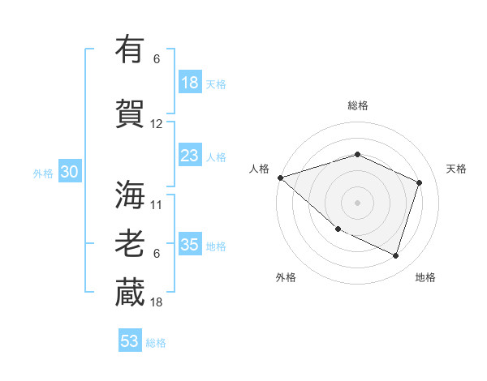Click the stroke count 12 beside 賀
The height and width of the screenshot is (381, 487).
pos(157,124)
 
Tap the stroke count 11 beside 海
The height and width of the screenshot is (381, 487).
pos(157,205)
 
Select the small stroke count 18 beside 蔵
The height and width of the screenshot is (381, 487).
pos(157,302)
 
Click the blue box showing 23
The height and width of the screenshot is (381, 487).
pos(189,156)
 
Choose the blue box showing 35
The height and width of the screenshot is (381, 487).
pos(189,246)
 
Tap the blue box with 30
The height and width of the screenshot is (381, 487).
pos(68,173)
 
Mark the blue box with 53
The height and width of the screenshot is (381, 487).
pos(129,341)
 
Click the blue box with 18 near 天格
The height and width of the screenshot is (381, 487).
pos(189,83)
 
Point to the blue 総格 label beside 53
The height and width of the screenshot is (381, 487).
pos(156,343)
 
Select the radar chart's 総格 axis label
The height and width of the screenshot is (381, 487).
pos(357,105)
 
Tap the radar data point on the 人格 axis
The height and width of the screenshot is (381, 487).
pos(280,178)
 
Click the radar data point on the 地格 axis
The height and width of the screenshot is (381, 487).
pos(395,255)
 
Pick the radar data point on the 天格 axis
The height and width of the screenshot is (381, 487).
pos(419,182)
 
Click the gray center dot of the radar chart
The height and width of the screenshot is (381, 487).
pos(357,202)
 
